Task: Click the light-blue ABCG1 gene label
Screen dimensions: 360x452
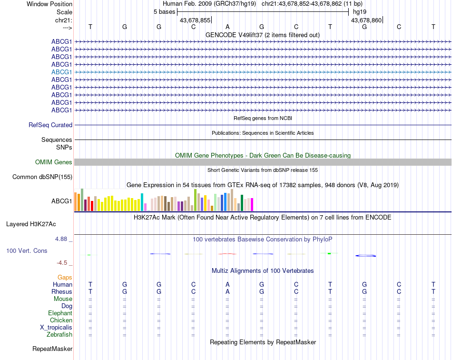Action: [x=62, y=72]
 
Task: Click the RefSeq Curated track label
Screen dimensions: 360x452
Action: [x=50, y=125]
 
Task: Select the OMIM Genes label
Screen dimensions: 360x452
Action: [x=54, y=162]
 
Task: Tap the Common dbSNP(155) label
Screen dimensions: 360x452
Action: [x=42, y=177]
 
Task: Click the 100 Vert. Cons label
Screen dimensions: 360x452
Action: [x=27, y=250]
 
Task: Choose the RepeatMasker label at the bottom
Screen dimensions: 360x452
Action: [x=52, y=349]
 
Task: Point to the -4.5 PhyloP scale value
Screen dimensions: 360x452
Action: [x=63, y=262]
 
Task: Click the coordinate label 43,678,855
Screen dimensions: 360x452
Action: [x=195, y=20]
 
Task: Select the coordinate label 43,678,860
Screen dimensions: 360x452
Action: [x=366, y=20]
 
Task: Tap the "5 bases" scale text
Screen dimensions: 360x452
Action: [x=164, y=12]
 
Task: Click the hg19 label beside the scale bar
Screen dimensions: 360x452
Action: [x=360, y=12]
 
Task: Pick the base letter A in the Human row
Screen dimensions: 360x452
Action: [x=227, y=284]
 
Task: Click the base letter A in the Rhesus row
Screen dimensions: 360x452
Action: [x=227, y=291]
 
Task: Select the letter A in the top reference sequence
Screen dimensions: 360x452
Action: [x=227, y=27]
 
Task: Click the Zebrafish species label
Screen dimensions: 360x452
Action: [x=59, y=335]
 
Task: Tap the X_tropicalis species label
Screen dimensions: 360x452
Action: [x=56, y=328]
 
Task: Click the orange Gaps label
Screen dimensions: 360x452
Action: [x=65, y=277]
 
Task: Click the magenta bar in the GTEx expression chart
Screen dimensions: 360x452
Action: [x=252, y=204]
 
